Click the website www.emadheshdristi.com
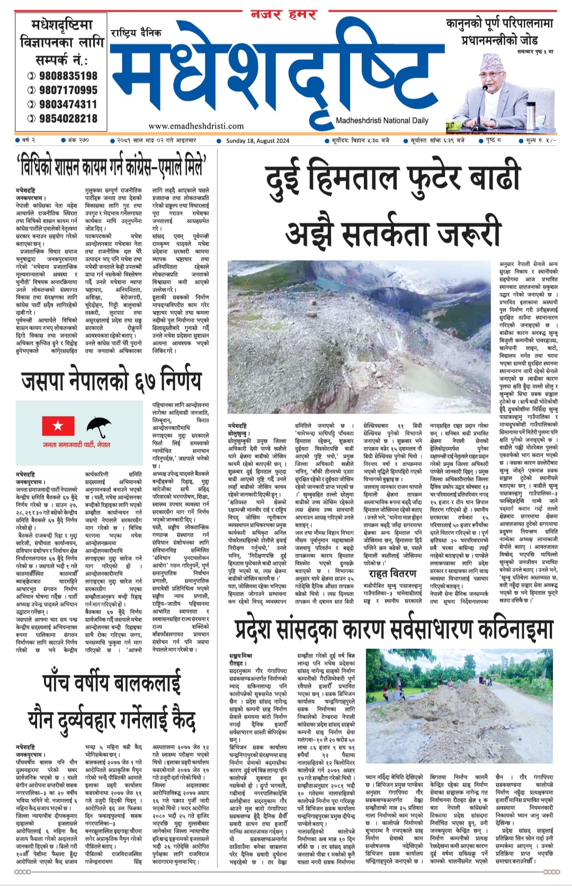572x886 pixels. pos(196,126)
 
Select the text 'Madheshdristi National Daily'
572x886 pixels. pos(382,121)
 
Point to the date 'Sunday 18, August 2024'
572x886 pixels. pos(257,141)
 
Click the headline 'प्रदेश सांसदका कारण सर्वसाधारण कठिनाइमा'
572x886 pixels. pos(394,629)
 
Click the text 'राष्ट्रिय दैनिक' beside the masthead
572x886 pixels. pos(136,33)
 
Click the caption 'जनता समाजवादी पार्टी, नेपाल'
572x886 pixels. pos(77,445)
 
